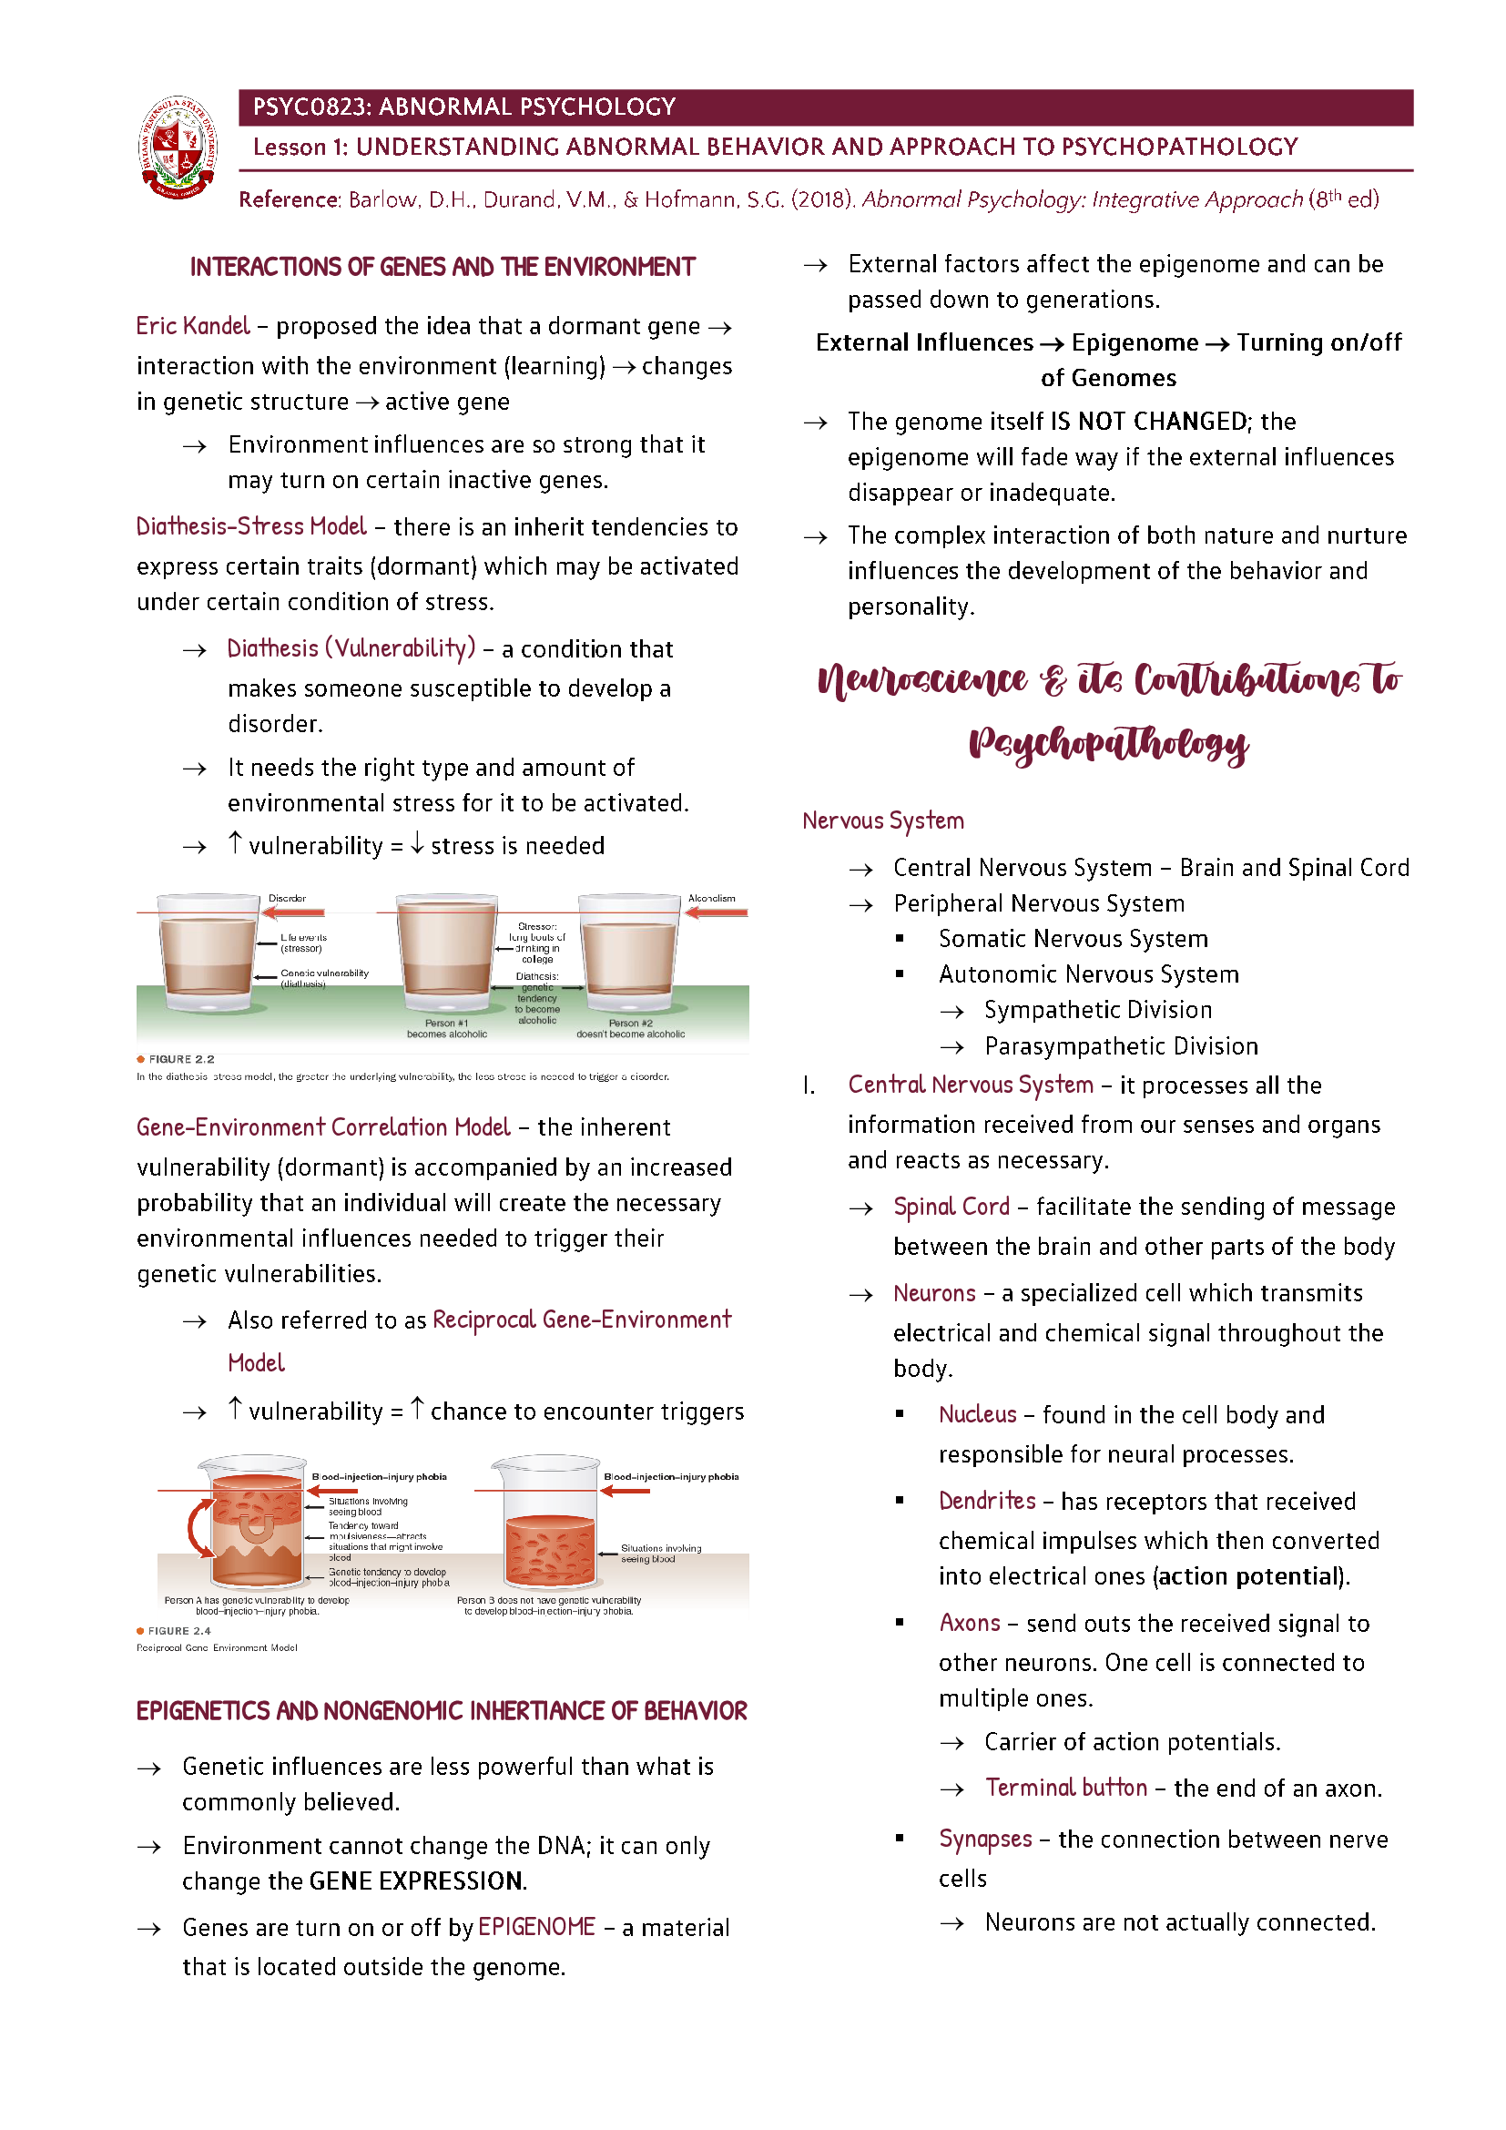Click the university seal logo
178,147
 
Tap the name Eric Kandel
193,326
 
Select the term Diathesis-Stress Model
251,526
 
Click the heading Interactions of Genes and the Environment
443,267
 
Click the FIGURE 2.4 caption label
179,1630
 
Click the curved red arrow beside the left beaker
198,1528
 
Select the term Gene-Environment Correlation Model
322,1126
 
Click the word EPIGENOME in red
536,1927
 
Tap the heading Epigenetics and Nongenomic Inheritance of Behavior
442,1711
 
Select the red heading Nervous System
883,820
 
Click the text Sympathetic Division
1098,1009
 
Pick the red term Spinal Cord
951,1206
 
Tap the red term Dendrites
987,1500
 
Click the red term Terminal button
1065,1787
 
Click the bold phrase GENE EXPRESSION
417,1880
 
